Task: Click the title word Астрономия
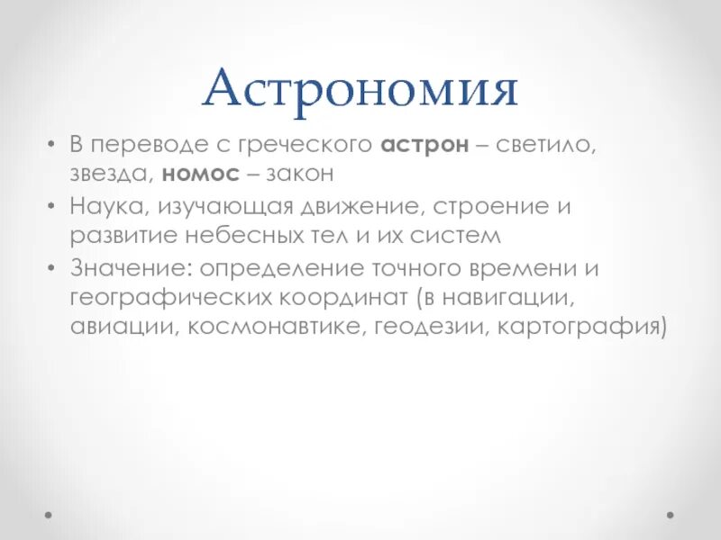tap(360, 91)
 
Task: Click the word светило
tap(547, 145)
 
